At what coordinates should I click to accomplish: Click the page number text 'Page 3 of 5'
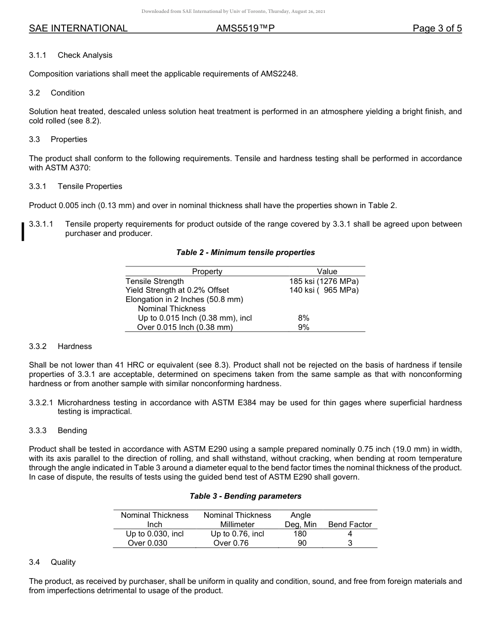437,29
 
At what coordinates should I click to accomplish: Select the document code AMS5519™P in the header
245,29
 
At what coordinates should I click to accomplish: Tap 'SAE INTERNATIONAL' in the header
78,29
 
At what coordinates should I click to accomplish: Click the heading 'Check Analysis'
85,55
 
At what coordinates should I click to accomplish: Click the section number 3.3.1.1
42,224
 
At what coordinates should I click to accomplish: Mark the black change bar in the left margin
23,231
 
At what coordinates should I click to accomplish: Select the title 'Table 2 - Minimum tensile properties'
245,252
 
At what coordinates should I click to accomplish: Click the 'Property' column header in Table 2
207,272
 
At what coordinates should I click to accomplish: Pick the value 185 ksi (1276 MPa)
324,281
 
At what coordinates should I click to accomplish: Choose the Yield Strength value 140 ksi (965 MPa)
324,290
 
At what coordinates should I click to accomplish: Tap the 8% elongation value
303,318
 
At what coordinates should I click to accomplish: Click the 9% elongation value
303,327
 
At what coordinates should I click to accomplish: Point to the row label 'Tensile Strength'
155,281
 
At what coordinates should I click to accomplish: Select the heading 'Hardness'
74,346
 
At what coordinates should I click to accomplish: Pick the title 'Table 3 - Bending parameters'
245,496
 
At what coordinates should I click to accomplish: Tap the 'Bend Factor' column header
350,525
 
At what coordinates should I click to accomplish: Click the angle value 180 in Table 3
300,534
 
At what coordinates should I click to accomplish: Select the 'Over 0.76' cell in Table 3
231,543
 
